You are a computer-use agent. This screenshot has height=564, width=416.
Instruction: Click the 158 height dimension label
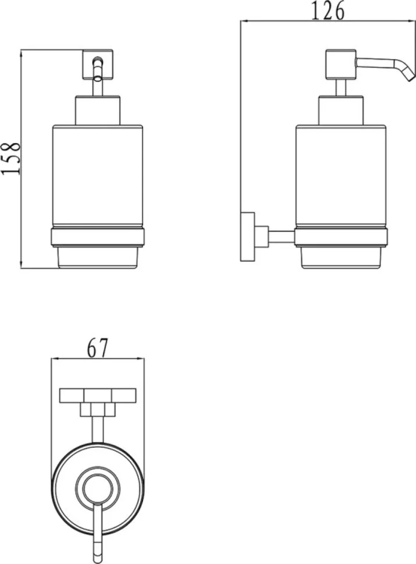11,159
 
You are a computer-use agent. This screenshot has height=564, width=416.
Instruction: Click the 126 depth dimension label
327,11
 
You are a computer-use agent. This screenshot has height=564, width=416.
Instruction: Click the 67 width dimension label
98,348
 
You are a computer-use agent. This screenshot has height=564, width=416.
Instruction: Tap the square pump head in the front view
98,65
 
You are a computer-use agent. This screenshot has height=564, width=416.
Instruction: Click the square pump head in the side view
341,65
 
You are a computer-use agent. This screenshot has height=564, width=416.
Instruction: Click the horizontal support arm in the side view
282,236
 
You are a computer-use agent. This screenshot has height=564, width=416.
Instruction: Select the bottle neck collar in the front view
98,110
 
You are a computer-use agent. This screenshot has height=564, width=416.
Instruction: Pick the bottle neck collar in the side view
341,110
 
